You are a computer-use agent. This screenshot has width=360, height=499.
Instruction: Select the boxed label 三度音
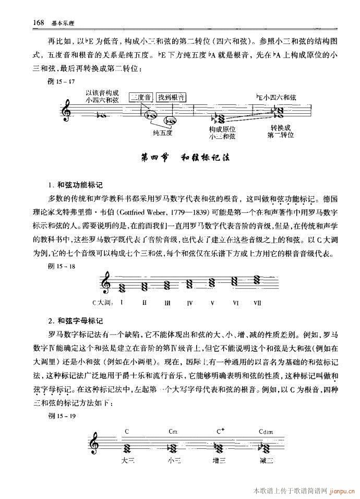141,97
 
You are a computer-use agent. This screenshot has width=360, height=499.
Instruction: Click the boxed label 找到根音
171,97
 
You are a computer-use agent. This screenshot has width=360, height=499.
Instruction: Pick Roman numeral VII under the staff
257,302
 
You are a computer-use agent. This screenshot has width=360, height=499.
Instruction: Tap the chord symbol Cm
174,431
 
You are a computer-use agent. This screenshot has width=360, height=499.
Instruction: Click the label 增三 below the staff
220,461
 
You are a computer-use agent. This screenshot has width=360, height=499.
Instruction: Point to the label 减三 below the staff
266,461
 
